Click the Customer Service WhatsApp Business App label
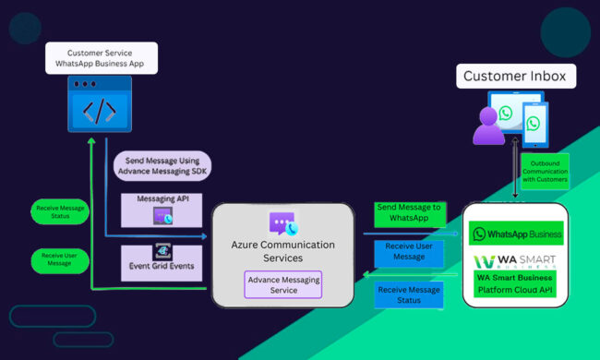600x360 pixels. [102, 58]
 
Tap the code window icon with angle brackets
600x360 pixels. [99, 110]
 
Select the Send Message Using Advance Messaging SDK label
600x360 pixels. [162, 167]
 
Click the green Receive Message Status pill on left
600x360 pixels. [61, 213]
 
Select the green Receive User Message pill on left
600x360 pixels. [61, 259]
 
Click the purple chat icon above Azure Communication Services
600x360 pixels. [282, 223]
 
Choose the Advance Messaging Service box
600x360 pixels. [282, 284]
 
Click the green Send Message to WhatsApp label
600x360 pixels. [409, 213]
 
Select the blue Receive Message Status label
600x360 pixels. [409, 294]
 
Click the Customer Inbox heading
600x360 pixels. [516, 77]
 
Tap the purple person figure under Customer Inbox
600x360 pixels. [488, 126]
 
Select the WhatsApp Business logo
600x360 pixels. [517, 234]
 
